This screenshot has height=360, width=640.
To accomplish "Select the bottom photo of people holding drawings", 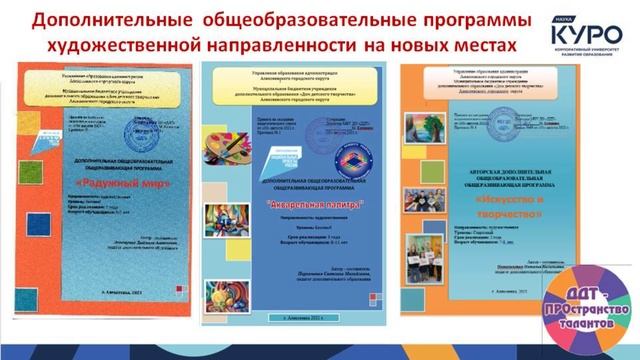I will [437, 263].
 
